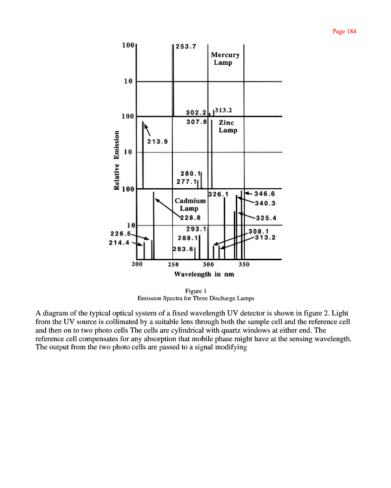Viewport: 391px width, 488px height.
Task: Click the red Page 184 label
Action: point(344,31)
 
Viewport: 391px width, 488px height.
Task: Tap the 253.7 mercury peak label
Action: point(185,47)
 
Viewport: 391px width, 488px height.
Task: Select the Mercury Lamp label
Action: point(225,59)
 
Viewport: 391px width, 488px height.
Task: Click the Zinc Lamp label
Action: point(228,126)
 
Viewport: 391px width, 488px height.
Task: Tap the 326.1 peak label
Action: point(219,194)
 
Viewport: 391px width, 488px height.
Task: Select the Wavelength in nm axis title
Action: point(204,274)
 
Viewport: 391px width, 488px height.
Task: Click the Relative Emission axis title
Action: point(117,160)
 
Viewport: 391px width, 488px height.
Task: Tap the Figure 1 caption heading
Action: point(195,291)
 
